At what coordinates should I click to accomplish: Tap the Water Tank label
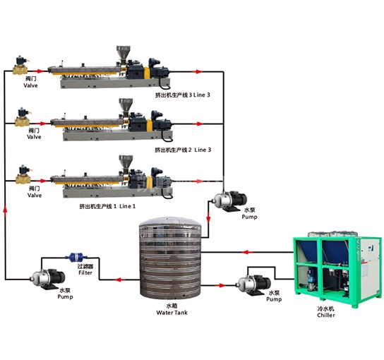tap(172, 313)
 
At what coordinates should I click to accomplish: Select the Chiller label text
tap(325, 316)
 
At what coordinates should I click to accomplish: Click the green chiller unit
tap(337, 269)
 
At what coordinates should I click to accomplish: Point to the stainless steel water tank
tap(170, 258)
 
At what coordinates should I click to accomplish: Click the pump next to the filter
tap(47, 279)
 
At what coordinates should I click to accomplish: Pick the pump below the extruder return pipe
tap(229, 201)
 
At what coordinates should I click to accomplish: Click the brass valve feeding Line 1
tap(23, 175)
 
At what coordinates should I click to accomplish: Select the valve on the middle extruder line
tap(23, 117)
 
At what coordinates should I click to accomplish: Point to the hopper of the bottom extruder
tap(126, 162)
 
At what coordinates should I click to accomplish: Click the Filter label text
tap(85, 272)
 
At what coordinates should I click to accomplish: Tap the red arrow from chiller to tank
tap(248, 252)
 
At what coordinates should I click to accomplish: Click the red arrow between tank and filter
tap(120, 280)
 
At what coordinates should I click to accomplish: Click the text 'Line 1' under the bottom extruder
tap(127, 206)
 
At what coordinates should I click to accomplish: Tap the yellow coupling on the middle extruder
tap(150, 125)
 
